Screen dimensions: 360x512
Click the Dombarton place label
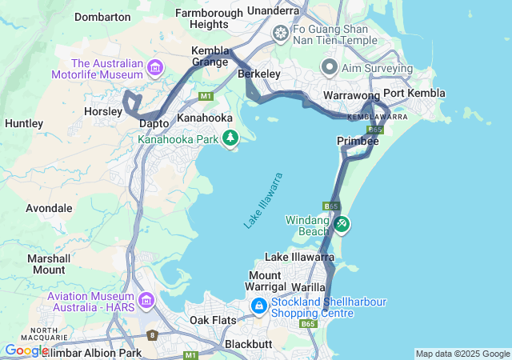(102, 16)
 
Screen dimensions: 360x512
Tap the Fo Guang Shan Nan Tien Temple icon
(281, 33)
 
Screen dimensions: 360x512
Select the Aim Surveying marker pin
(329, 66)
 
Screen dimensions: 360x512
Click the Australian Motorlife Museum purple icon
(154, 67)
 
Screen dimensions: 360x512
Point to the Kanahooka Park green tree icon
(230, 138)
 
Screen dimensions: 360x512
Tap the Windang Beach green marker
(342, 224)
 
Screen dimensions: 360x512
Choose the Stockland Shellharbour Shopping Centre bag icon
(259, 306)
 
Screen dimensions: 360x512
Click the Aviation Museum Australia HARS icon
(146, 300)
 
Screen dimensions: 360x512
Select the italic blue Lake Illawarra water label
(263, 201)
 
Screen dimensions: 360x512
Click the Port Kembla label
(408, 93)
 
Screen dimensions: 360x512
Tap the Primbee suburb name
(358, 141)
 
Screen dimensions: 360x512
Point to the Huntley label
(24, 123)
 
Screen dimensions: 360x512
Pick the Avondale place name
(49, 208)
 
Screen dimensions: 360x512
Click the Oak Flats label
(213, 320)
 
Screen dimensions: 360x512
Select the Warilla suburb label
(307, 286)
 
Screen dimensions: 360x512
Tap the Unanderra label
(274, 10)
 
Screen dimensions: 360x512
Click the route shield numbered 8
(152, 335)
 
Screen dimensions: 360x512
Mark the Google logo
(26, 350)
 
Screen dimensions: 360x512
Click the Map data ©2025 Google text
(462, 354)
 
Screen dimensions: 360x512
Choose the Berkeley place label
(259, 74)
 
